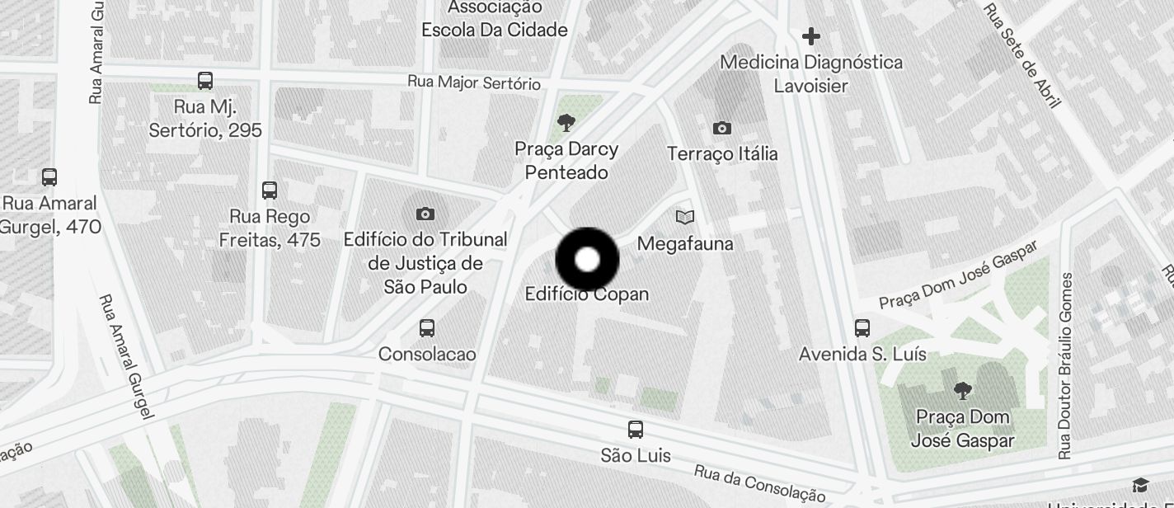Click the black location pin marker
tap(587, 260)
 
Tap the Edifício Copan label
tap(587, 294)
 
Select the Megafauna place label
tap(685, 244)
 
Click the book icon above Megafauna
tap(684, 217)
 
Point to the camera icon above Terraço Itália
tap(721, 128)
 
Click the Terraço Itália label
tap(722, 154)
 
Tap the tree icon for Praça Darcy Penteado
tap(566, 124)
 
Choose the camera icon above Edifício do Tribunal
tap(425, 214)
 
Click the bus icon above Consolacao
tap(426, 328)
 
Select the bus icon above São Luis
tap(635, 430)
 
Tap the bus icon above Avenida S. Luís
tap(862, 328)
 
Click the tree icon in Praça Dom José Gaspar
tap(961, 391)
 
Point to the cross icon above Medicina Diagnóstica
tap(810, 36)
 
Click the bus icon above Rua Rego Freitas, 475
tap(269, 190)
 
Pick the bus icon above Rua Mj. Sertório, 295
tap(205, 81)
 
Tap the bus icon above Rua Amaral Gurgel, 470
tap(49, 177)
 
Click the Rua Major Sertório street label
tap(474, 83)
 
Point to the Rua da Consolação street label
tap(759, 483)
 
